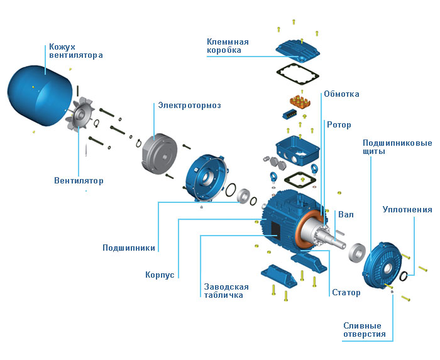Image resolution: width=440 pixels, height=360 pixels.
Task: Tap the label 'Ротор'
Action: (x=339, y=124)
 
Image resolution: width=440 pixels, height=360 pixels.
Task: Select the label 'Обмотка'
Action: (x=341, y=94)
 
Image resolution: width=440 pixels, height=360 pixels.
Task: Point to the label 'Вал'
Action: (x=346, y=215)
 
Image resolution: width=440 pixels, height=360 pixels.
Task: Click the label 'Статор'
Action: (x=346, y=293)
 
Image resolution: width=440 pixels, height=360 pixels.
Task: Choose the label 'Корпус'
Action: (x=159, y=275)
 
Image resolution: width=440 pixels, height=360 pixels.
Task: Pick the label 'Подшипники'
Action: (x=129, y=248)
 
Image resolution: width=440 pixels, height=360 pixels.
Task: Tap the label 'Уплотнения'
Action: (x=407, y=209)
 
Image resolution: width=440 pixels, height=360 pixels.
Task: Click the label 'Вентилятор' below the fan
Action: (x=79, y=181)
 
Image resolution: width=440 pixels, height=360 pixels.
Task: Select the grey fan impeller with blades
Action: (x=82, y=116)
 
